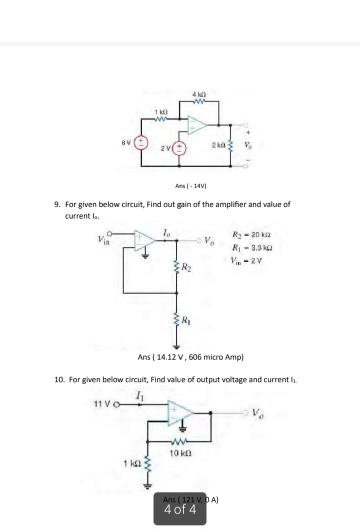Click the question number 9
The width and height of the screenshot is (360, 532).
(57, 205)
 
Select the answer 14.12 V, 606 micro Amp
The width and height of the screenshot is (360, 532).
(190, 357)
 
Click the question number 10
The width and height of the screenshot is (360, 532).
(59, 379)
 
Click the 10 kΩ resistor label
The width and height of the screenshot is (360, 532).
(178, 453)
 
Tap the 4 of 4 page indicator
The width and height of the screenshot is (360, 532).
(179, 510)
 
